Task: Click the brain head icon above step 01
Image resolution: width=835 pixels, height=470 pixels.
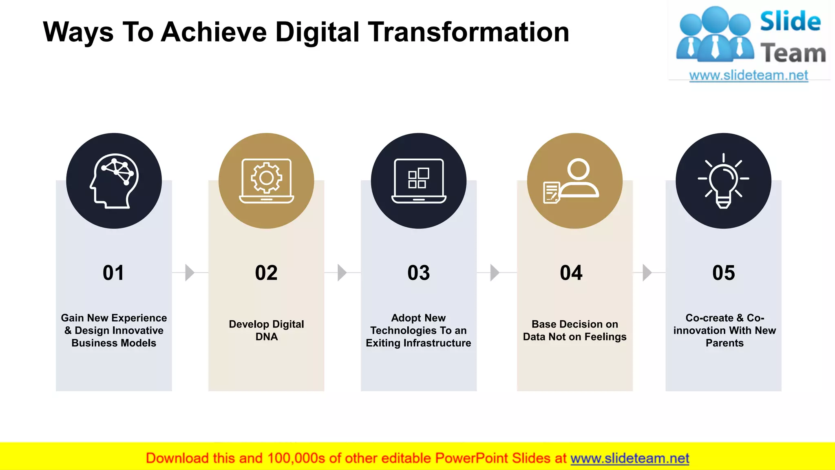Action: [x=114, y=181]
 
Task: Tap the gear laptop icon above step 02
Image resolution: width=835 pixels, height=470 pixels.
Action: [x=266, y=181]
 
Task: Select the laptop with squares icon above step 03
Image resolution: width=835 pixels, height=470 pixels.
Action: [x=419, y=181]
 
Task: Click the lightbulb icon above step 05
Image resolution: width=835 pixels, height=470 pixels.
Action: [x=723, y=181]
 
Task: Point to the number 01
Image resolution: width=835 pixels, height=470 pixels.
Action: [x=113, y=273]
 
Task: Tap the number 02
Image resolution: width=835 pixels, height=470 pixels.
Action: [x=266, y=273]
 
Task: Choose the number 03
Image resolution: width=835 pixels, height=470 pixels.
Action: [x=419, y=273]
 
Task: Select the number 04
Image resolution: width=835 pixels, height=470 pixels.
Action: [x=571, y=273]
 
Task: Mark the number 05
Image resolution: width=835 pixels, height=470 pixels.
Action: [x=724, y=273]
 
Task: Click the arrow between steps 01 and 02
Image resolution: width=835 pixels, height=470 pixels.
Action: [x=190, y=273]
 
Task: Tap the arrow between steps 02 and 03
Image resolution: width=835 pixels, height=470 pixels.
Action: [x=342, y=273]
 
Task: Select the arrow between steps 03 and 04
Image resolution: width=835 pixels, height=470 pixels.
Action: [x=495, y=273]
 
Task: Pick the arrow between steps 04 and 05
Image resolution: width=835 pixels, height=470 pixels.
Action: [x=647, y=273]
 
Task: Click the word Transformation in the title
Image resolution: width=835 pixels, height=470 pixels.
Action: [x=468, y=32]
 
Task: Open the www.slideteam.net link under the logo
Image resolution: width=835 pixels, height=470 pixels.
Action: [x=749, y=75]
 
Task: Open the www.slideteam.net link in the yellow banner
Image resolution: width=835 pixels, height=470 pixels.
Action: [x=630, y=459]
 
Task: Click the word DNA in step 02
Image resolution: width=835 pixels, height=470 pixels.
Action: [x=267, y=337]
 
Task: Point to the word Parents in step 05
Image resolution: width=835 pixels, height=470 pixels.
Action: [x=725, y=343]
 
